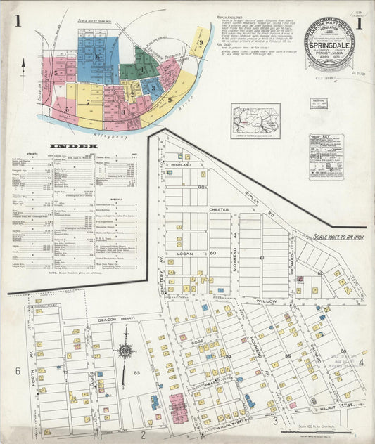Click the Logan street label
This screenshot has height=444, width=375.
(186, 251)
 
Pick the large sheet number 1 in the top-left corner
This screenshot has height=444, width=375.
(15, 21)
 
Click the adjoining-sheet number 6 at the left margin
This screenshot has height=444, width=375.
(17, 370)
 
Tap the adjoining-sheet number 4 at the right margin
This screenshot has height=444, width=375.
(361, 363)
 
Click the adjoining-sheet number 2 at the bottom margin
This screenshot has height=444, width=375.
(142, 424)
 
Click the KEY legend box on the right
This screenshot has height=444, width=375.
(326, 156)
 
